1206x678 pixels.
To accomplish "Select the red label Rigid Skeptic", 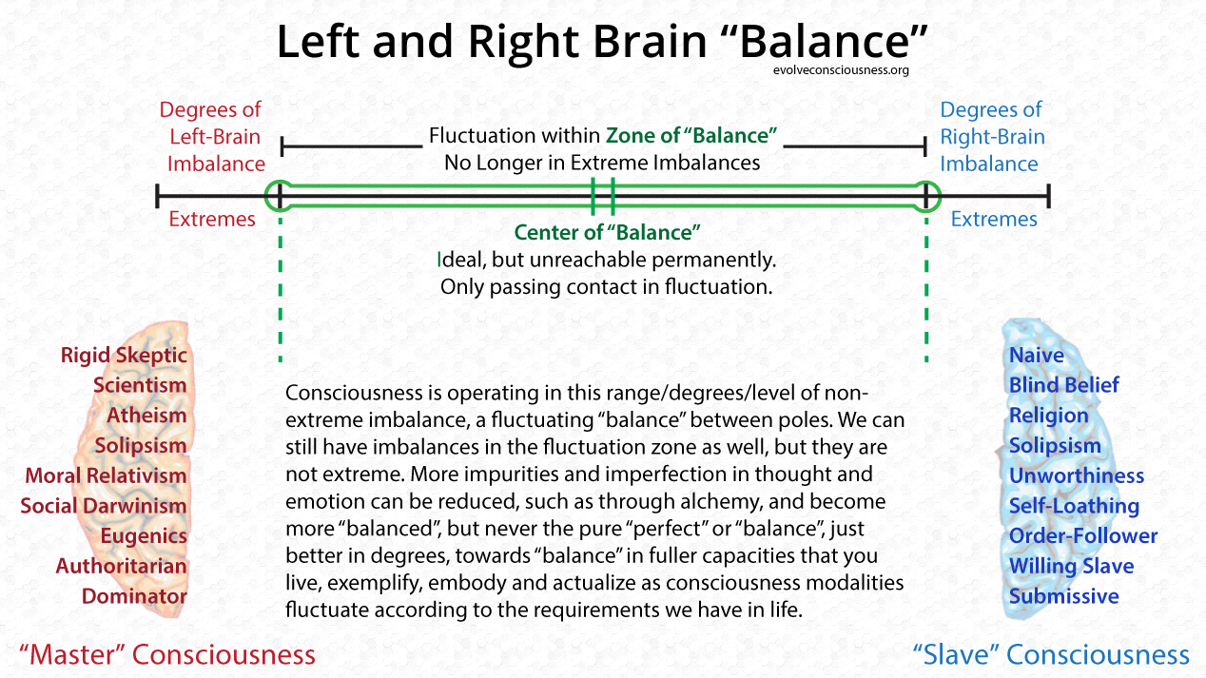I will (125, 356).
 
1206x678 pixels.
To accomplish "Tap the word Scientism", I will (140, 385).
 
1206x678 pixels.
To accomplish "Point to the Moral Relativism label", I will (107, 475).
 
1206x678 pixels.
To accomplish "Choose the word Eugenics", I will (144, 536).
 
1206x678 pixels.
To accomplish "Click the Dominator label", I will (134, 596).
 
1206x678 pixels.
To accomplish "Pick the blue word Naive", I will (1037, 356).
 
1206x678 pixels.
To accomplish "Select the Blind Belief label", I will (1064, 385).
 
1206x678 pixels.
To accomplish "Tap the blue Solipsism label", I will (1055, 446).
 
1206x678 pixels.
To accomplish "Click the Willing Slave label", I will (1071, 567).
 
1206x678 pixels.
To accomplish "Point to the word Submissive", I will (1064, 596).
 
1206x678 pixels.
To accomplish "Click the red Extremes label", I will (212, 220).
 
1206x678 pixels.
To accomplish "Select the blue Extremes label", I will (994, 220).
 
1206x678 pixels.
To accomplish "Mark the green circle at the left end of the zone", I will (280, 196).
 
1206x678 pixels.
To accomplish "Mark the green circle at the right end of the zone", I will (926, 196).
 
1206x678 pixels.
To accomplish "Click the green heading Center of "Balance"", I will (607, 233).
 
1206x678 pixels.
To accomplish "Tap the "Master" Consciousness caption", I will (167, 654).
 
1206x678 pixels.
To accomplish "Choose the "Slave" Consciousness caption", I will (1050, 654).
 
